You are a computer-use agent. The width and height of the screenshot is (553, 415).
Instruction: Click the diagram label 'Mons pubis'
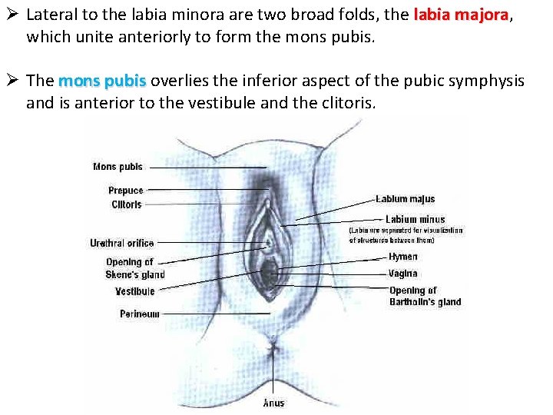tap(118, 167)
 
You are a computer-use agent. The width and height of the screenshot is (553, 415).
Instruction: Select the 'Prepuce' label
tap(125, 191)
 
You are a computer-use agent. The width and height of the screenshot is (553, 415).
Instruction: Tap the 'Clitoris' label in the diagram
tap(127, 205)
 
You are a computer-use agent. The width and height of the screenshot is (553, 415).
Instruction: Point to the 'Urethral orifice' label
tap(121, 244)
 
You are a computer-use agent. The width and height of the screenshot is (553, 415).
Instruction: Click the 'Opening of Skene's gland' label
tap(135, 268)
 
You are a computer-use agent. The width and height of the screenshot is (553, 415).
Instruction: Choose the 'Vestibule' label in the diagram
tap(134, 291)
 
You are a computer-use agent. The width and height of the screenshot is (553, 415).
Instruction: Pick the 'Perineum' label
tap(139, 314)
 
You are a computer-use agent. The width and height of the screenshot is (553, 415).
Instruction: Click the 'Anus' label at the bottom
tap(273, 403)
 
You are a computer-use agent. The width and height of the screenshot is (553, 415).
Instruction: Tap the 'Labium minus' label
tap(415, 220)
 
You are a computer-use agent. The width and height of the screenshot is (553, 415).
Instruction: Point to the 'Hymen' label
tap(403, 257)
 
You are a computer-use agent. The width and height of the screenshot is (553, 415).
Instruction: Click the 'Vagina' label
tap(403, 274)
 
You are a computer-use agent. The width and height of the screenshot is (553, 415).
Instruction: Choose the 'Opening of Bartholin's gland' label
tap(425, 296)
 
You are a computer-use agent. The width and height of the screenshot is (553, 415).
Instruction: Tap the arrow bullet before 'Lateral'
tap(12, 15)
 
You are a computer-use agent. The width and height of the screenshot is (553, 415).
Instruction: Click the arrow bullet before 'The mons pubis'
tap(12, 81)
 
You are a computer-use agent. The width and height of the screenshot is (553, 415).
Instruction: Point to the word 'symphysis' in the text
tap(488, 81)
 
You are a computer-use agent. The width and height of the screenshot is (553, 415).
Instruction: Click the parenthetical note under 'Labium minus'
tap(406, 235)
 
